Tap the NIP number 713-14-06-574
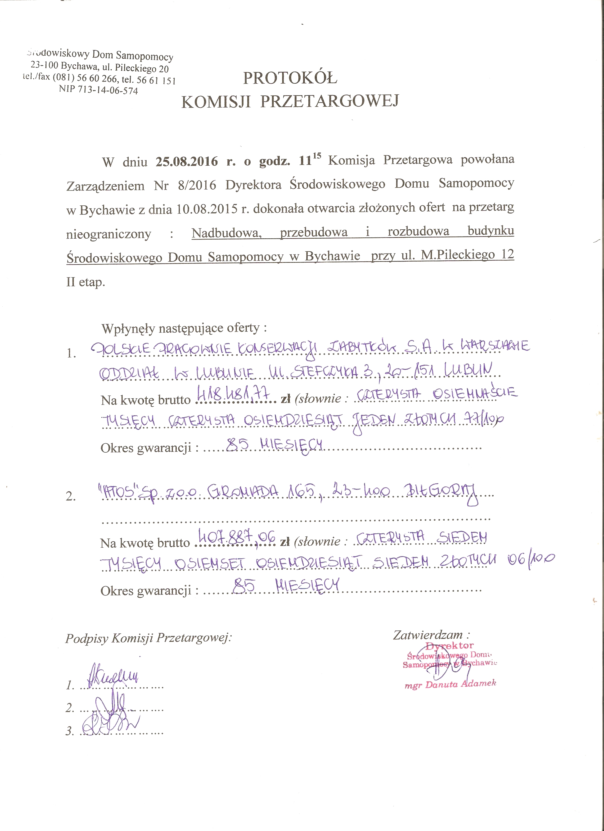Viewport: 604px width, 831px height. pyautogui.click(x=108, y=90)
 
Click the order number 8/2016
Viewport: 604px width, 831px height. pyautogui.click(x=197, y=185)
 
